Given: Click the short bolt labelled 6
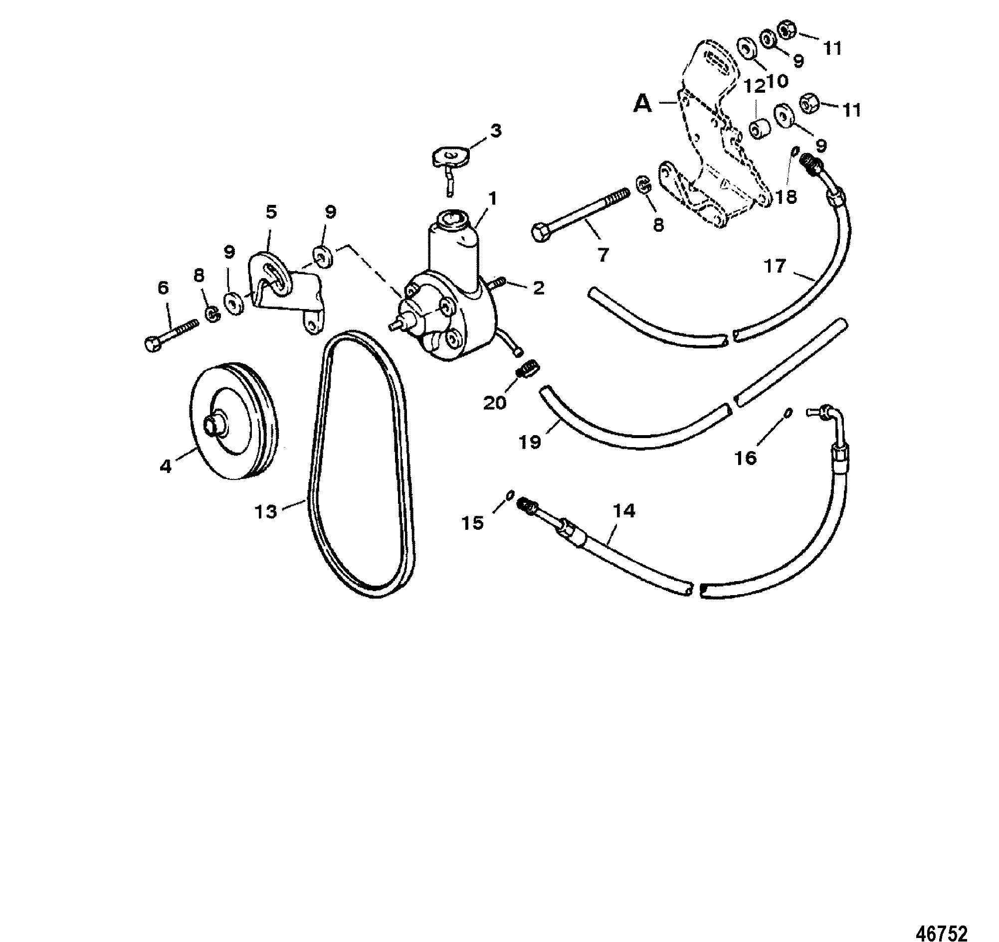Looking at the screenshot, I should [x=171, y=333].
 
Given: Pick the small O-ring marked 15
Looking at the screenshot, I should [x=509, y=495].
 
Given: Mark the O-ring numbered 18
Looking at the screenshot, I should [x=794, y=151].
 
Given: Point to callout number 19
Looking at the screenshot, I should [x=530, y=442].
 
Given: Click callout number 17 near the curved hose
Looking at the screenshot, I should [x=775, y=266].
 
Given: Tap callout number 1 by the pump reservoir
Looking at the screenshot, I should [x=492, y=199].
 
